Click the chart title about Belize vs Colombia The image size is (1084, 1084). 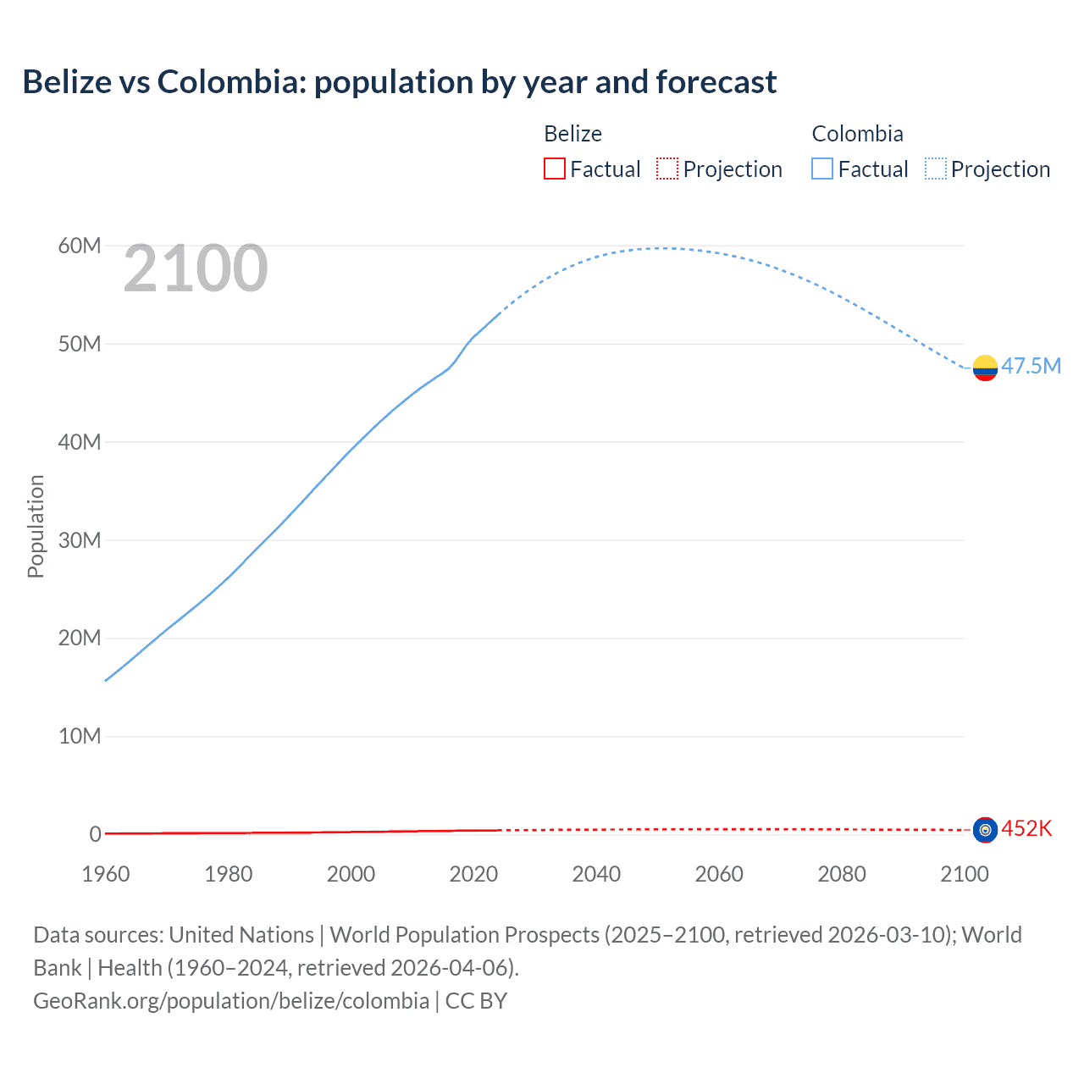(399, 82)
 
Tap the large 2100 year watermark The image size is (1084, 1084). (196, 268)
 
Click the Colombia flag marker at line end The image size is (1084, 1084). (985, 368)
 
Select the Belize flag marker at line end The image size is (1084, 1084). (985, 830)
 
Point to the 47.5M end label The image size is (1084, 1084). (1031, 366)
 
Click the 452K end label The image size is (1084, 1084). (1026, 828)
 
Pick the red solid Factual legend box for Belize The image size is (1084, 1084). (555, 169)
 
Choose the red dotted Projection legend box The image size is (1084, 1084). (667, 169)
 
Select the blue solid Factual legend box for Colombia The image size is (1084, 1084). (822, 169)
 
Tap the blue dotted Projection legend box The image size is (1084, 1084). (935, 169)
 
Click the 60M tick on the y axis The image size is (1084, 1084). (80, 246)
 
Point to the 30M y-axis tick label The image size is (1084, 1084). (80, 540)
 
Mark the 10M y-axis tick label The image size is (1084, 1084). (80, 736)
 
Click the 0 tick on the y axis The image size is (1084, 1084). (95, 834)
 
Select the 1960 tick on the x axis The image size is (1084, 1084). (106, 874)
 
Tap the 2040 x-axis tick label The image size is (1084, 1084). (596, 874)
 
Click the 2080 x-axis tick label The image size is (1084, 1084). (842, 874)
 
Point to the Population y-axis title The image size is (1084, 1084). (36, 526)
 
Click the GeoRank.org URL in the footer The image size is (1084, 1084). (231, 1000)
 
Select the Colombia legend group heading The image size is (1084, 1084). (857, 134)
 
